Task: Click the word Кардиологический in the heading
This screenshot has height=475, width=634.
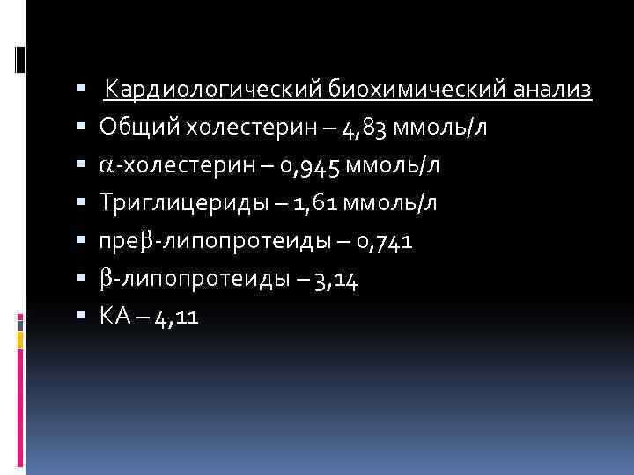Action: (x=215, y=90)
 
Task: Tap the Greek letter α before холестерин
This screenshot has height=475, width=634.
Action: (x=107, y=166)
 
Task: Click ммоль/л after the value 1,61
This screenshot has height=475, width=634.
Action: (x=394, y=204)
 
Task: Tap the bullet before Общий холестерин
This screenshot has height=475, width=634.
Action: (x=81, y=128)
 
